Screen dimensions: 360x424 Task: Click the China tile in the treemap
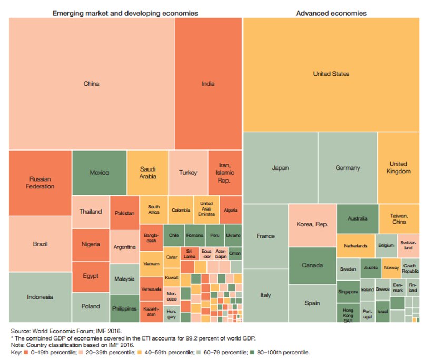click(91, 83)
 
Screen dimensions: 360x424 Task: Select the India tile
click(208, 83)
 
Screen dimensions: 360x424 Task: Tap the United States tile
click(331, 74)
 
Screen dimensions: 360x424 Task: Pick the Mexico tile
click(99, 172)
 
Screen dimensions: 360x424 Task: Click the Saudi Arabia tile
click(147, 173)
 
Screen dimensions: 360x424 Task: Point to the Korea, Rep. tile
click(311, 224)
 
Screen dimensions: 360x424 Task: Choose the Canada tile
click(312, 265)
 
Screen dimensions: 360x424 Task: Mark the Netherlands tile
click(356, 246)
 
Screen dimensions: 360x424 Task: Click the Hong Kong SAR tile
click(348, 312)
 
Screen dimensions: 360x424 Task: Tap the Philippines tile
click(124, 308)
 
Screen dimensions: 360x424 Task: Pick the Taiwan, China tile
click(398, 219)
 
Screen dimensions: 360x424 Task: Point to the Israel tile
click(382, 311)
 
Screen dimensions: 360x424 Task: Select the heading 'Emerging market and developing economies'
click(125, 13)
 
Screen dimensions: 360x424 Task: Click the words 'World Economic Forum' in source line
click(57, 332)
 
